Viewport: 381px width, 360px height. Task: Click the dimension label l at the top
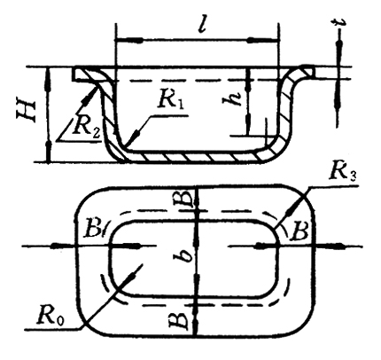click(x=202, y=26)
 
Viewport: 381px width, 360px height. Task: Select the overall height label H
click(x=27, y=112)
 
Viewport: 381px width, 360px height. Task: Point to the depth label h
click(x=231, y=98)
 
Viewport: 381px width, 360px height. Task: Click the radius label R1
click(x=171, y=100)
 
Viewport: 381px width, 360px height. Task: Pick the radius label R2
click(x=87, y=127)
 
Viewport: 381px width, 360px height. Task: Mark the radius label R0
click(x=51, y=317)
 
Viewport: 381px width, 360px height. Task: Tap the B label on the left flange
click(x=93, y=229)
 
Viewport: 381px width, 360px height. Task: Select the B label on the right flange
click(x=299, y=231)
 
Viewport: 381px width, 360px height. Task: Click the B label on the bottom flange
click(x=179, y=321)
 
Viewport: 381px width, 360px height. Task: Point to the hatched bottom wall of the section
click(x=192, y=156)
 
